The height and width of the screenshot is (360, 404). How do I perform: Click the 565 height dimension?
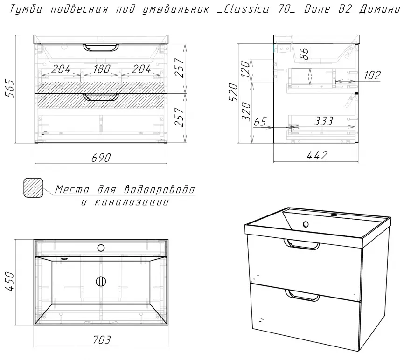(10, 88)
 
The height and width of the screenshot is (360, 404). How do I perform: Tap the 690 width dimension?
(101, 158)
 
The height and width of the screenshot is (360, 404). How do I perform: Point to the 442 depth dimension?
(317, 155)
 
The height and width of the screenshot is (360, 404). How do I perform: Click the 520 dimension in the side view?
(234, 92)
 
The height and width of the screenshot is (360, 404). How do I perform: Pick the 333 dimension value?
(324, 121)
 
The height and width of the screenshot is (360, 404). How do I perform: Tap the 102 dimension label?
(372, 75)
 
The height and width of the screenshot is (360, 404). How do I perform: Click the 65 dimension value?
(260, 122)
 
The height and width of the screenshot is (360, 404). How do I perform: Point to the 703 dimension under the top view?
(102, 340)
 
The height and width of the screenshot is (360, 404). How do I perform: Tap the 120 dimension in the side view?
(245, 69)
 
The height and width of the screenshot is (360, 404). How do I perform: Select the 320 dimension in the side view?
(245, 111)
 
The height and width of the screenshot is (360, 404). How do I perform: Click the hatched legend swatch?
(34, 188)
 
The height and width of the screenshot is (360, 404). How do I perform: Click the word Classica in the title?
(246, 9)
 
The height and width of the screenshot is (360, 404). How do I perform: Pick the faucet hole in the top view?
(101, 248)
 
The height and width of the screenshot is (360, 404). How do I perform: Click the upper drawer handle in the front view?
(101, 48)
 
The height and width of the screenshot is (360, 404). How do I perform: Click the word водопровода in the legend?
(160, 189)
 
